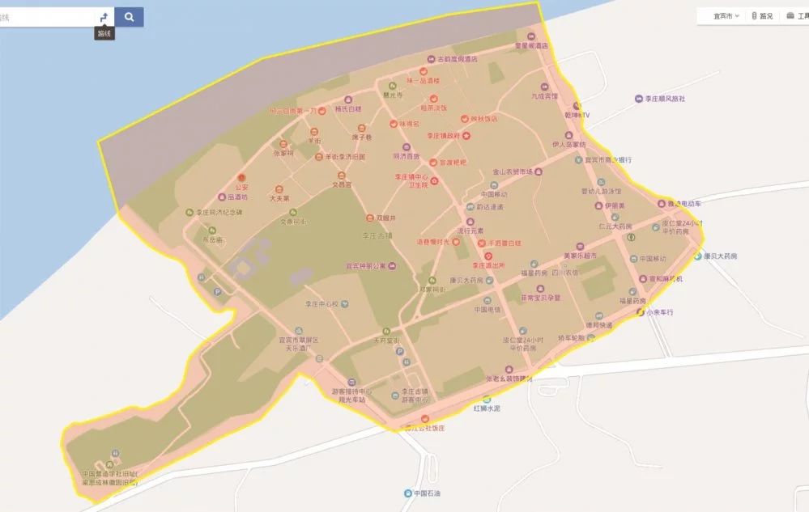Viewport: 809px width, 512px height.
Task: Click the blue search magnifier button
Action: pyautogui.click(x=129, y=16)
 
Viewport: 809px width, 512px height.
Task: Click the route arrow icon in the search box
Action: pyautogui.click(x=104, y=16)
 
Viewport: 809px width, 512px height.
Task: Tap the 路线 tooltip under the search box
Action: pyautogui.click(x=104, y=33)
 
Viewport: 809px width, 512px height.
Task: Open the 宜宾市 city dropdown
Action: pyautogui.click(x=726, y=16)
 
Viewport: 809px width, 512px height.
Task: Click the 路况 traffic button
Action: pyautogui.click(x=762, y=16)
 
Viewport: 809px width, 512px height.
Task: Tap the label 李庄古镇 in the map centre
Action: pyautogui.click(x=377, y=236)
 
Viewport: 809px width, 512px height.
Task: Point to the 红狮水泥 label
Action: pyautogui.click(x=487, y=408)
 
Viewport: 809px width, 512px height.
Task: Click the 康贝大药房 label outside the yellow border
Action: pyautogui.click(x=720, y=256)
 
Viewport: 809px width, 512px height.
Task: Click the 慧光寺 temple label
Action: pyautogui.click(x=393, y=95)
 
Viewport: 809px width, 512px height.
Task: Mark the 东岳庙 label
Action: pyautogui.click(x=211, y=239)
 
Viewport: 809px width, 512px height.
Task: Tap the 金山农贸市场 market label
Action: pyautogui.click(x=513, y=171)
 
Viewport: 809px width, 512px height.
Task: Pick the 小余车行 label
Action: pyautogui.click(x=659, y=311)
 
